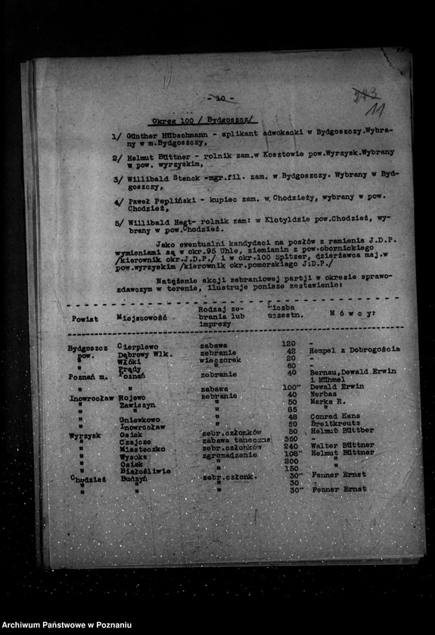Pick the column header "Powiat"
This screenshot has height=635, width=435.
[x=84, y=318]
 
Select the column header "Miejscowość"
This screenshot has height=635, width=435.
[x=141, y=317]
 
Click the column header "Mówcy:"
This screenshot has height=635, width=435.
[x=352, y=312]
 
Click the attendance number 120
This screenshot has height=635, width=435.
[x=287, y=343]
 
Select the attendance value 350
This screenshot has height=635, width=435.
[x=290, y=438]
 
